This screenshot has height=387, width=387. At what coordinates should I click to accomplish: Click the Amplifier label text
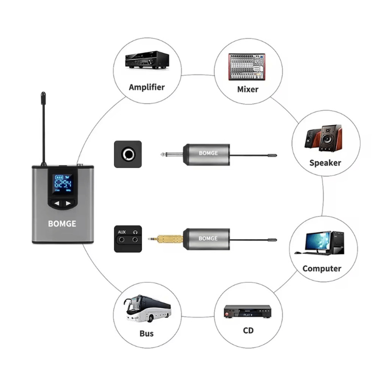tap(147, 87)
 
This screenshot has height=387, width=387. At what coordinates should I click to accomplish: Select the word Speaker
tap(325, 163)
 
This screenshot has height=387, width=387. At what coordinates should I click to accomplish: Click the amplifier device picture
tap(147, 61)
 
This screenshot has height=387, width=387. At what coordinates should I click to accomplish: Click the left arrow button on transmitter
tap(57, 203)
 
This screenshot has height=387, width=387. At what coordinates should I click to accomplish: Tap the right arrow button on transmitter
tap(68, 203)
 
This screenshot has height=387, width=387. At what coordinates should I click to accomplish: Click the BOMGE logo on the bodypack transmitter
tap(62, 223)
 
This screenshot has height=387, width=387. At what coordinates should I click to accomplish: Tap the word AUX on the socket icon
tap(122, 232)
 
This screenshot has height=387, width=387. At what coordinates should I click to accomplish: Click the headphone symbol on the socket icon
tap(135, 232)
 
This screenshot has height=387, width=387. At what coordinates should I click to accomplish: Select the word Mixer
tap(248, 89)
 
